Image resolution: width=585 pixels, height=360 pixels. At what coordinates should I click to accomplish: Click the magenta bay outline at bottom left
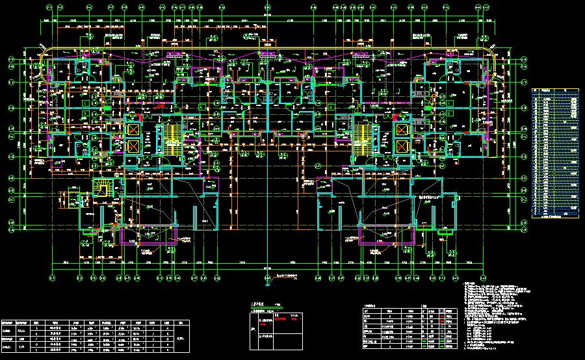click(148, 238)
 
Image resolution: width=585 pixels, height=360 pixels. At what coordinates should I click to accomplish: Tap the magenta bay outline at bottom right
click(387, 238)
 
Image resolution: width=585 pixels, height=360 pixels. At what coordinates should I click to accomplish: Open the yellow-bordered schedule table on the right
click(555, 153)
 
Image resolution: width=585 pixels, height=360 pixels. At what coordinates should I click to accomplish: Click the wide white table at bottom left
click(96, 335)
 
